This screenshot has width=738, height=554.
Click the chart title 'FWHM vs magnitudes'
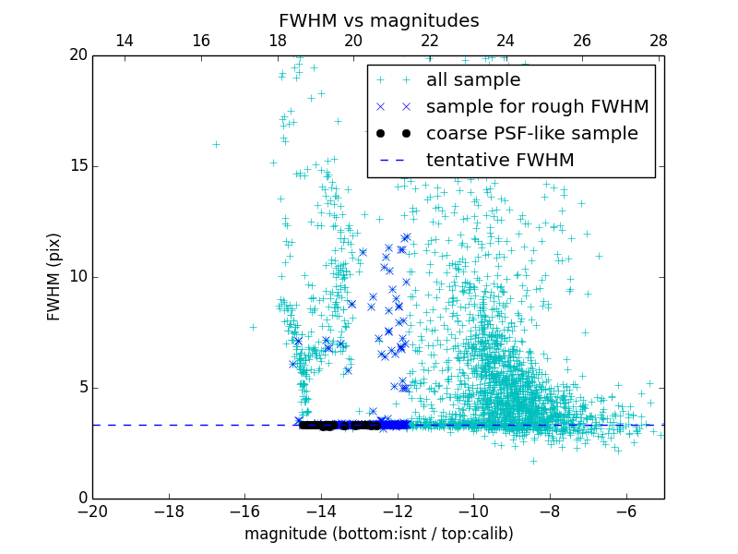(x=378, y=20)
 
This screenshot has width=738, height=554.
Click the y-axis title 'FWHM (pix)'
(x=54, y=277)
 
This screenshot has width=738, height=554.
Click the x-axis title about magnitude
(x=378, y=534)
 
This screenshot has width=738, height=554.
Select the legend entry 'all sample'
(x=472, y=80)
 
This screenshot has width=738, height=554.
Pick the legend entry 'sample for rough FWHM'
(x=537, y=106)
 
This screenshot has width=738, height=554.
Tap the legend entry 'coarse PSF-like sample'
(x=531, y=133)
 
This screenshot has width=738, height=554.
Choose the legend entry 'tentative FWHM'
(x=499, y=160)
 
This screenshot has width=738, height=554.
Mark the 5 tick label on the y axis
(x=80, y=388)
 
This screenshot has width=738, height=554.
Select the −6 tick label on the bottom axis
(x=626, y=512)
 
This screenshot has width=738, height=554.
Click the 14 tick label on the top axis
(x=124, y=41)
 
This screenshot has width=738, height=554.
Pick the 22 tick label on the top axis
(x=429, y=41)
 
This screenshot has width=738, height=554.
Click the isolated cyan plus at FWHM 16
(x=216, y=144)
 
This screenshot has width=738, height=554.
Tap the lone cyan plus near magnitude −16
(x=253, y=327)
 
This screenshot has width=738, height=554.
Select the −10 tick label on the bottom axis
(x=473, y=512)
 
